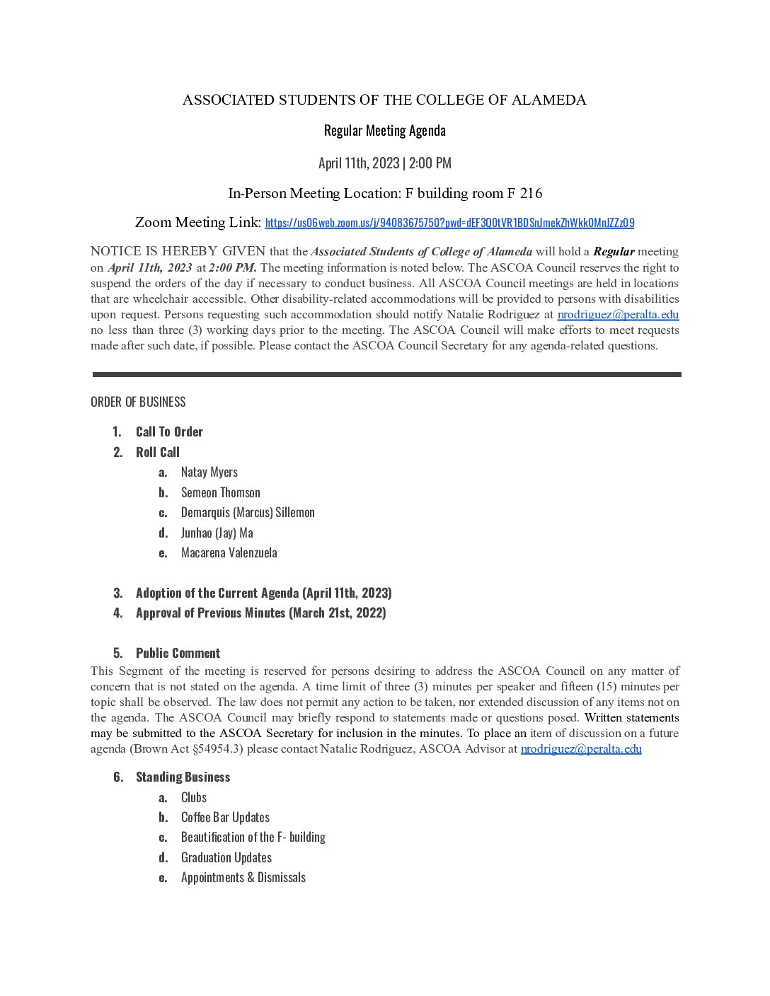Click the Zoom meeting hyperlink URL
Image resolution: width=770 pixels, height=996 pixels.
[449, 223]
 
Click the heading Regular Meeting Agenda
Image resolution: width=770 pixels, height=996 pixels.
[384, 131]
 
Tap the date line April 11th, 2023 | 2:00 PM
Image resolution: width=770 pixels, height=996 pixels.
[384, 163]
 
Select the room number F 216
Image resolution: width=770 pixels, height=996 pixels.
[524, 193]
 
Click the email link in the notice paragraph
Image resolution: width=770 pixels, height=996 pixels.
[618, 315]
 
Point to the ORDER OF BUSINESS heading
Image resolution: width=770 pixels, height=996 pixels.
[138, 402]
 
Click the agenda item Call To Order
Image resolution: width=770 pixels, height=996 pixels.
[169, 432]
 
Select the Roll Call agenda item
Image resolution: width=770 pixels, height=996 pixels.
[158, 452]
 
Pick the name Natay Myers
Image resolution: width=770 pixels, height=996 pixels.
[209, 472]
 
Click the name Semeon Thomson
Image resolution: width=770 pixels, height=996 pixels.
[221, 492]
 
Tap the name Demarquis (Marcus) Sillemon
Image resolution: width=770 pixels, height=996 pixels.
[248, 512]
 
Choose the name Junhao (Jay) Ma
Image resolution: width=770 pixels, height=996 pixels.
[217, 533]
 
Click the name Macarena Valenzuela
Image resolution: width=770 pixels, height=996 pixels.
[229, 552]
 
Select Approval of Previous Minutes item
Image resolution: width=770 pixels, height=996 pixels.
[261, 613]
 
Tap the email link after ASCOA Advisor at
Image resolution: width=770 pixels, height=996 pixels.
[581, 749]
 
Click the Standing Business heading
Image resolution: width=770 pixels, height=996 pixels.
[183, 777]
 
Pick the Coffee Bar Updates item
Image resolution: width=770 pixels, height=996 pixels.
[225, 817]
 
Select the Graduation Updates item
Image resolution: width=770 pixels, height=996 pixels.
[226, 857]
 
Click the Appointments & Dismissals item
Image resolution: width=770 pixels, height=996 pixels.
[243, 877]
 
